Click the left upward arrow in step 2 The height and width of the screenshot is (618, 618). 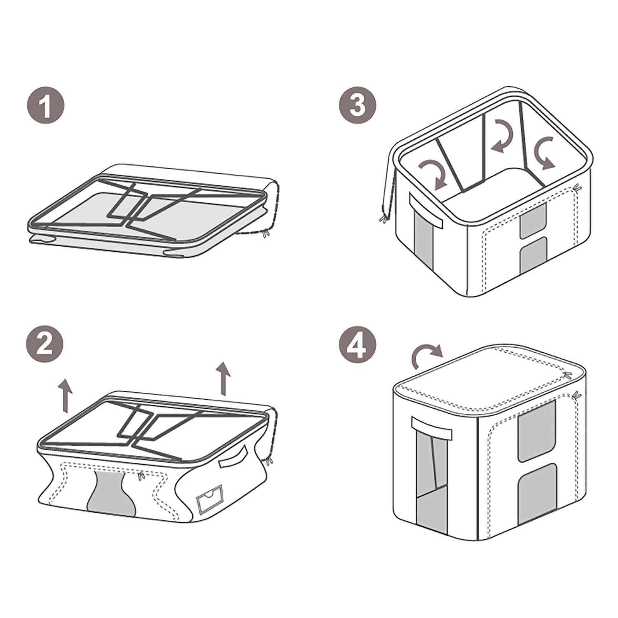coord(65,396)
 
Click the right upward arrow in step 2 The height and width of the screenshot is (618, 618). coord(224,378)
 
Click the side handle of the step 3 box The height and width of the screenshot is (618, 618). coord(426,211)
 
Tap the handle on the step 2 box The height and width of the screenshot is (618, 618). coord(234,458)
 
